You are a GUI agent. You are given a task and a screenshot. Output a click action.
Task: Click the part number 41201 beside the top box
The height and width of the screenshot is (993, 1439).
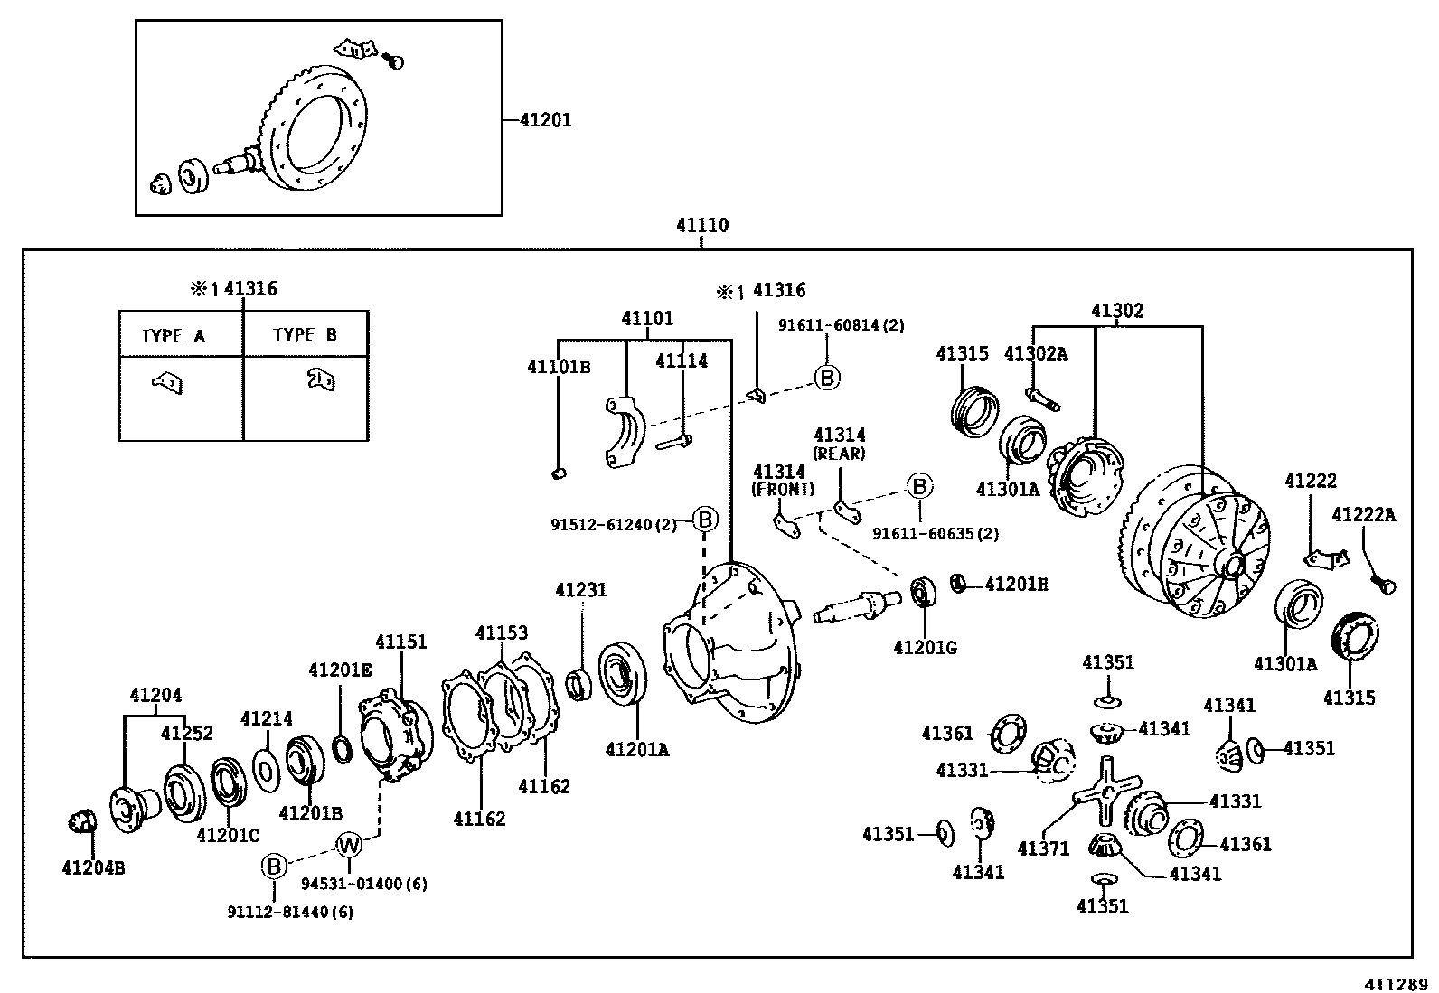(x=546, y=119)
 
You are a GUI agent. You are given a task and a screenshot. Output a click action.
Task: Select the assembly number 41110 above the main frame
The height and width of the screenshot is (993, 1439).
(x=702, y=225)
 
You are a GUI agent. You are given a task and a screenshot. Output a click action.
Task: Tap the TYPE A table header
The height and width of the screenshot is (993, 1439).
(x=174, y=336)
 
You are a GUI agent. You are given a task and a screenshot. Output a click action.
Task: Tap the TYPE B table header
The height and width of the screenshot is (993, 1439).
(x=305, y=334)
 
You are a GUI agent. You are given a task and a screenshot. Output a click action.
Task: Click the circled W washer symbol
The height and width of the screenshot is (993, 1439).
(x=349, y=846)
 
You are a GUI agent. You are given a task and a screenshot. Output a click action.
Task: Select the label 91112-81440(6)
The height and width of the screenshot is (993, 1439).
(x=290, y=912)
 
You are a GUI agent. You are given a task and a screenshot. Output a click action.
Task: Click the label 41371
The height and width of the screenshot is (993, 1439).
(x=1043, y=848)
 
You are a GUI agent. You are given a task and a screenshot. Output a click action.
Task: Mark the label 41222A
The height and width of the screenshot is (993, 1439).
(x=1363, y=515)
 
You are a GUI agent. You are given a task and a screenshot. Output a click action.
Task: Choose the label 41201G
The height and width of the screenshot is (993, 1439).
(x=925, y=647)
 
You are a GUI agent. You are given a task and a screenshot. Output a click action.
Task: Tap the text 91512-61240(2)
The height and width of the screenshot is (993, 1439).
(x=614, y=524)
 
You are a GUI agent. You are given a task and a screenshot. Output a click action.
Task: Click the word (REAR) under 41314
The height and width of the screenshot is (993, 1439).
(x=839, y=454)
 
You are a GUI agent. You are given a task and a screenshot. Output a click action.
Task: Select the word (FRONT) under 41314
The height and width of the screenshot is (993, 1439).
(x=784, y=489)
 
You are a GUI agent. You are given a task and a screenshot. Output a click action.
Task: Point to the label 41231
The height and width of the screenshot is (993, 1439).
(x=581, y=590)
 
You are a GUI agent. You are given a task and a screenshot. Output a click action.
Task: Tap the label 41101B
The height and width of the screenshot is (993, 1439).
(x=559, y=366)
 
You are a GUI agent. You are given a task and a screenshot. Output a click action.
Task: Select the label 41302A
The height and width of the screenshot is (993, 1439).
(x=1035, y=353)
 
